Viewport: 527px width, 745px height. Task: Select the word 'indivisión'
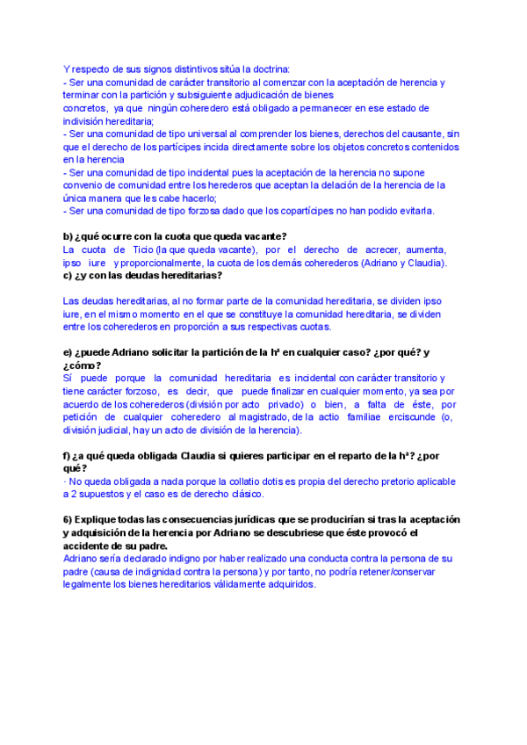click(85, 120)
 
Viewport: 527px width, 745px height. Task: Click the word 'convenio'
click(83, 185)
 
